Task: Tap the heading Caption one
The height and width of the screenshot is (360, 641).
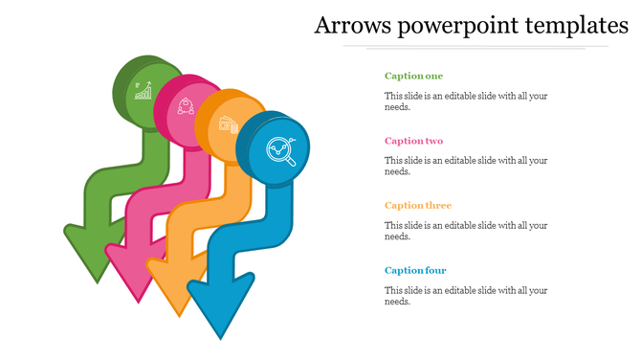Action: (413, 76)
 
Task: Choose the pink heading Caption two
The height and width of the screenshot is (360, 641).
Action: (413, 141)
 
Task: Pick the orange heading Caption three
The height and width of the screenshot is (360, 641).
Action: (417, 205)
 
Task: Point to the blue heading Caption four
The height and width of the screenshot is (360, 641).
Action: (415, 270)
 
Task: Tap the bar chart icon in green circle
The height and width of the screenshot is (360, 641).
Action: (144, 91)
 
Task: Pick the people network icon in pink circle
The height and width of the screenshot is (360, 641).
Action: (186, 104)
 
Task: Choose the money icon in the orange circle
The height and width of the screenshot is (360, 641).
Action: (228, 124)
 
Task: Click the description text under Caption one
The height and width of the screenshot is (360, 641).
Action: (465, 101)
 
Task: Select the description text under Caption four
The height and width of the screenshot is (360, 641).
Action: (465, 296)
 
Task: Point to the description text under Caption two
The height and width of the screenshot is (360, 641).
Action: (465, 166)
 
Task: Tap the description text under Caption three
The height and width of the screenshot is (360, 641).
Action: (465, 231)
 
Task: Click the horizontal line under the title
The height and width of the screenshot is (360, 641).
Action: (475, 46)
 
